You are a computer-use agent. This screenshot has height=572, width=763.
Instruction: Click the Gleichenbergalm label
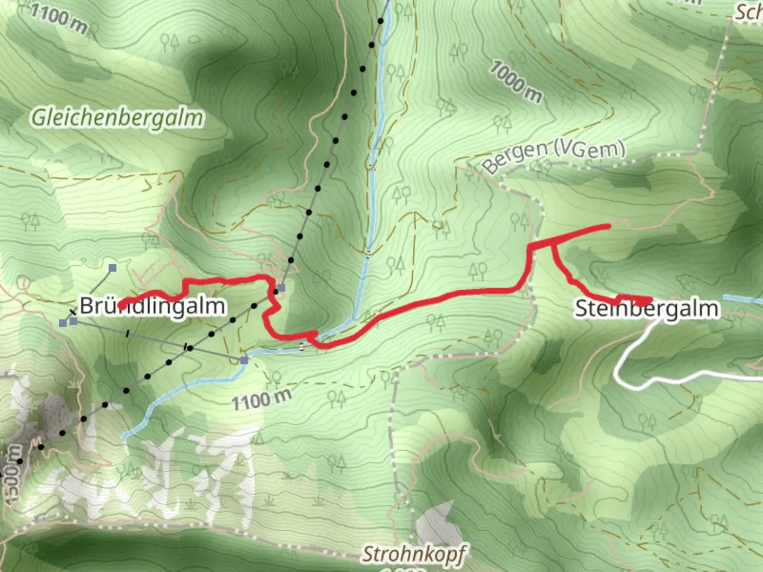point(117,118)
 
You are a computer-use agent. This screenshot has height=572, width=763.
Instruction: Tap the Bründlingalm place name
point(153,306)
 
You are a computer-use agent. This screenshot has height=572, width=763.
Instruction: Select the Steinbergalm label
point(647,309)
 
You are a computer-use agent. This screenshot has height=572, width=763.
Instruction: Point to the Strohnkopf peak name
point(414,554)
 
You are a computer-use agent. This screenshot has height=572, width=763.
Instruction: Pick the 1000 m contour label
point(516,82)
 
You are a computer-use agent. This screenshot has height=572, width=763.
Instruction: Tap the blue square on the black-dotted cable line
point(281,288)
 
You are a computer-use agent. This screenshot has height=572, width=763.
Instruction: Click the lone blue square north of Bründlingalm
point(112,269)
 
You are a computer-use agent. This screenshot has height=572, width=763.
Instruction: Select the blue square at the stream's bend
point(244,361)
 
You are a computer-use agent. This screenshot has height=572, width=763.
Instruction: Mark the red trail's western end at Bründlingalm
point(122,305)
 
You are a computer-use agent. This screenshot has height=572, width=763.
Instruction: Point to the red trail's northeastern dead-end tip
point(608,227)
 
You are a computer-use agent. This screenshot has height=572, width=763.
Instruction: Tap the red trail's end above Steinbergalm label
point(650,300)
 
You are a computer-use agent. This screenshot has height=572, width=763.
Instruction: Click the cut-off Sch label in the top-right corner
point(748,12)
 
